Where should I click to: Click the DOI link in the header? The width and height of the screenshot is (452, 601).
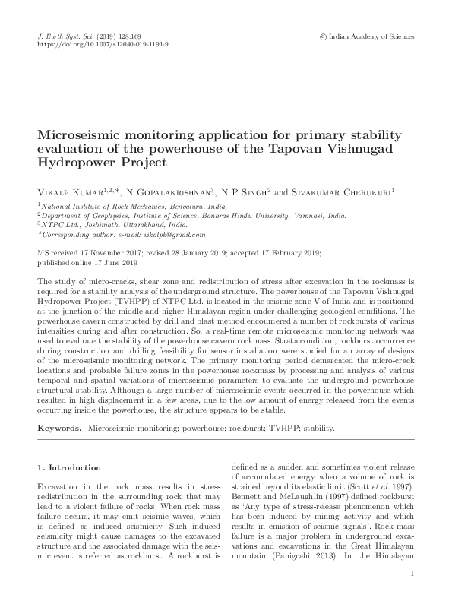coord(103,45)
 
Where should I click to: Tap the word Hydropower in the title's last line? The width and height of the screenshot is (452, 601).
coord(76,163)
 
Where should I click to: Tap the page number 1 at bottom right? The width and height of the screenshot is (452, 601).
coord(412,575)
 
